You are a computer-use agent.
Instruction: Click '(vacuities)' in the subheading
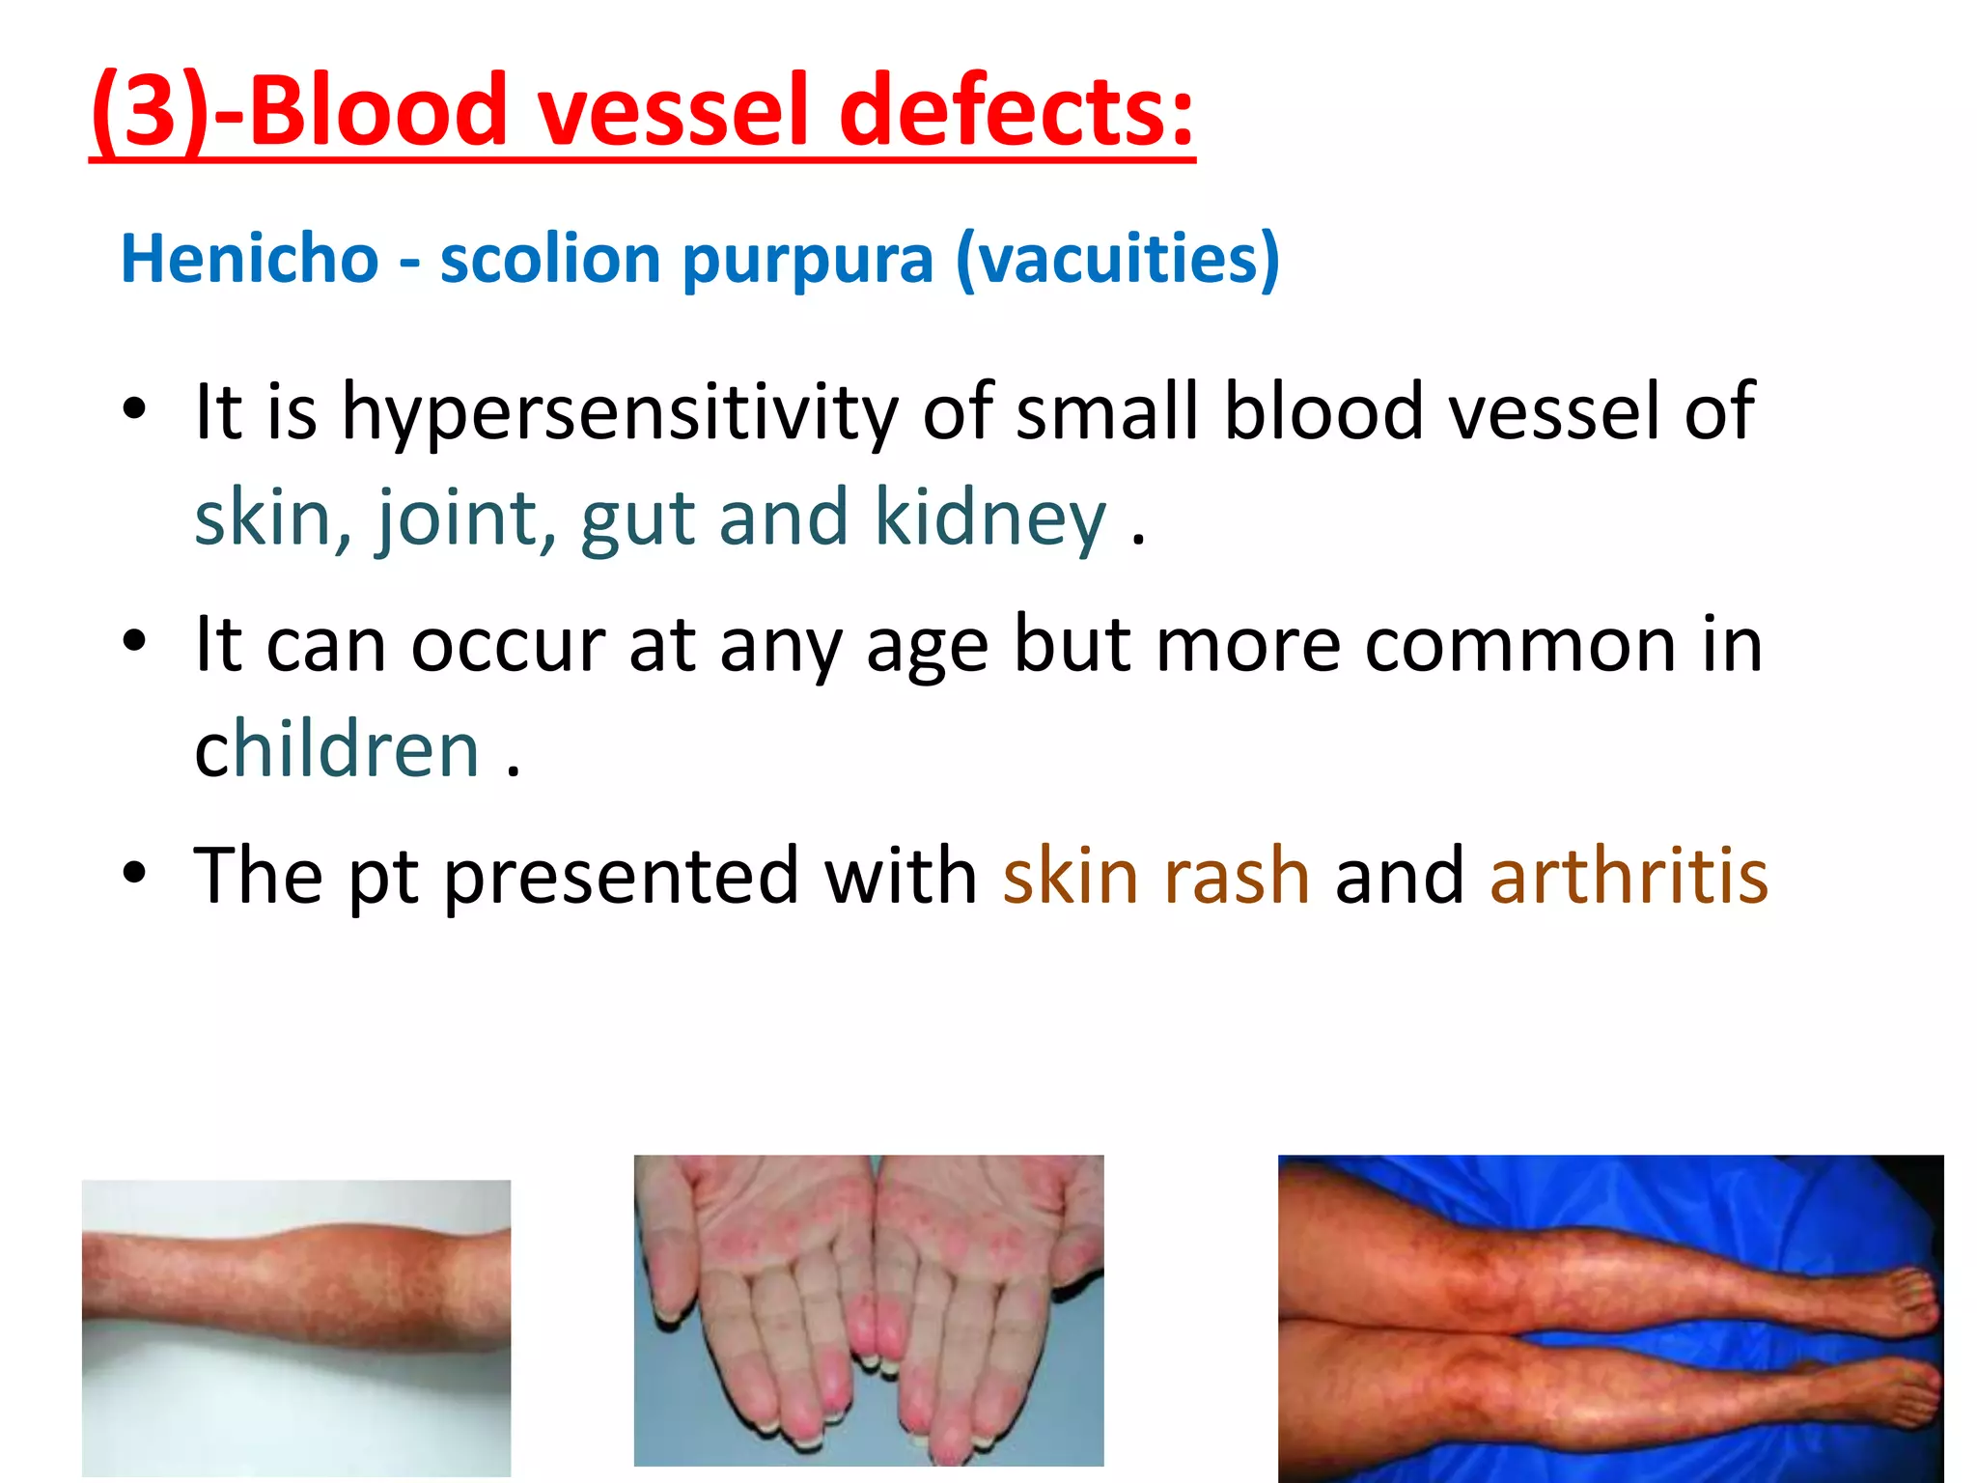point(1117,261)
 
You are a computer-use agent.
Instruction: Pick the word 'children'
point(337,749)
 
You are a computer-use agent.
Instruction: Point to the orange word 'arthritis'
point(1629,875)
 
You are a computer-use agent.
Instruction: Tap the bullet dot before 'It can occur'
point(134,641)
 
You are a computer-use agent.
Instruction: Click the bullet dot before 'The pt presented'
point(134,873)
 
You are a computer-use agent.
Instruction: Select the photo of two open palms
point(868,1309)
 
